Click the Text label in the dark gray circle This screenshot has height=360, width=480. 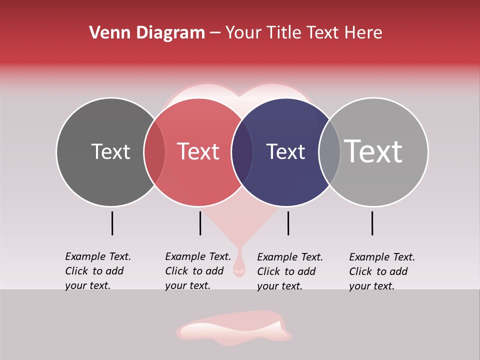[x=110, y=151]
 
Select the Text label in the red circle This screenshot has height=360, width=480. [x=198, y=151]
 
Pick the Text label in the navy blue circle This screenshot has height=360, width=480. [x=285, y=151]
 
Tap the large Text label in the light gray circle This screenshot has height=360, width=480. [x=373, y=151]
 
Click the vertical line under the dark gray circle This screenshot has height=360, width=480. [x=112, y=223]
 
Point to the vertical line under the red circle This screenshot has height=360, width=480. [x=200, y=223]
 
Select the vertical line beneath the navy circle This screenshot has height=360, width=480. [x=288, y=223]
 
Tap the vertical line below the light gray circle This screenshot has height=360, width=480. [x=372, y=223]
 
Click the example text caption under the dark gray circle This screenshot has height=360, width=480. [x=97, y=271]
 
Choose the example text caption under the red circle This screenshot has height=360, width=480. [x=197, y=271]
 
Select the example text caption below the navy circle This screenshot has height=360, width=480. [x=290, y=271]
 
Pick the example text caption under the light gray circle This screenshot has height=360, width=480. [x=382, y=271]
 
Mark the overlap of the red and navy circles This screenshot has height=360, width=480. [x=242, y=152]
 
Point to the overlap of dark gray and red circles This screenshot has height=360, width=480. [x=154, y=152]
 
